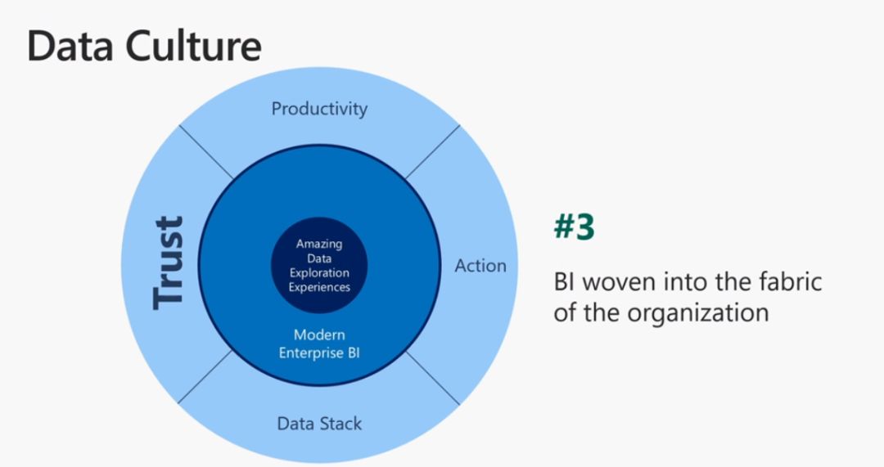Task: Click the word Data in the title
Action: point(70,46)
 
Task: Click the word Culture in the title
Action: point(193,46)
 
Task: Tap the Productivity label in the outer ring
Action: point(319,109)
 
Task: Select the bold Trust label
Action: point(169,263)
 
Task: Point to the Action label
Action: point(480,265)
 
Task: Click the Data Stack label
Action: point(319,424)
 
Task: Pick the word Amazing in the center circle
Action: point(319,245)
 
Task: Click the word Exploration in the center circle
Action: point(319,272)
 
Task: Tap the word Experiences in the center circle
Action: point(319,287)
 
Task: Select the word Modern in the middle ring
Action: point(319,335)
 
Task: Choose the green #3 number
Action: point(574,227)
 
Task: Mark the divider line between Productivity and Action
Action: point(432,152)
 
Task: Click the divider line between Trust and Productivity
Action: point(205,152)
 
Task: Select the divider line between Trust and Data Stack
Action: point(205,377)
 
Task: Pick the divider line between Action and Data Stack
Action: point(432,378)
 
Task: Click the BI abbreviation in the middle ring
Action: point(354,353)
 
